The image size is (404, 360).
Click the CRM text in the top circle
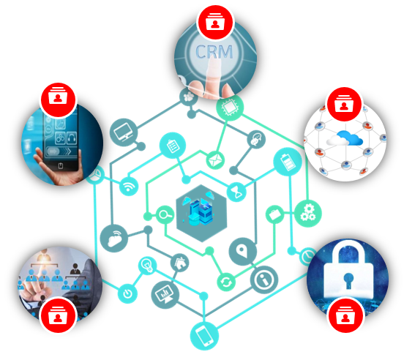coord(214,52)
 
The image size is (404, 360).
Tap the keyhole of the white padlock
coord(348,280)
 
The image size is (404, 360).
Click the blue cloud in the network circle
coord(351,138)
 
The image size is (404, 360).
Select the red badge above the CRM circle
coord(215,22)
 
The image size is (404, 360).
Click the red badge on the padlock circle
coord(345,315)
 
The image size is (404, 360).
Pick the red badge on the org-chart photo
coord(58,315)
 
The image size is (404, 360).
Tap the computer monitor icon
coord(124,132)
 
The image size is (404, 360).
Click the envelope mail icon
coord(215,160)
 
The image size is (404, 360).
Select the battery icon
coord(288,162)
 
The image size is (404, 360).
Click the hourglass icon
coord(237,192)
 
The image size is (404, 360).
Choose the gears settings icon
coord(308,213)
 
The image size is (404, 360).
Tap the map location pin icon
coord(243,251)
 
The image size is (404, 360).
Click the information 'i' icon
coord(264,280)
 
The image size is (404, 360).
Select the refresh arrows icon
coord(226,282)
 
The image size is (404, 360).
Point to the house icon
coord(179,263)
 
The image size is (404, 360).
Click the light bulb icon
coord(147,266)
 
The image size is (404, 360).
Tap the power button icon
coord(127,293)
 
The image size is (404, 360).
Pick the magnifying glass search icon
coord(165,214)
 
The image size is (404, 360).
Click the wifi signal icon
coord(129,186)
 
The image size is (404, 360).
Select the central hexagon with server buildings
coord(201,213)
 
